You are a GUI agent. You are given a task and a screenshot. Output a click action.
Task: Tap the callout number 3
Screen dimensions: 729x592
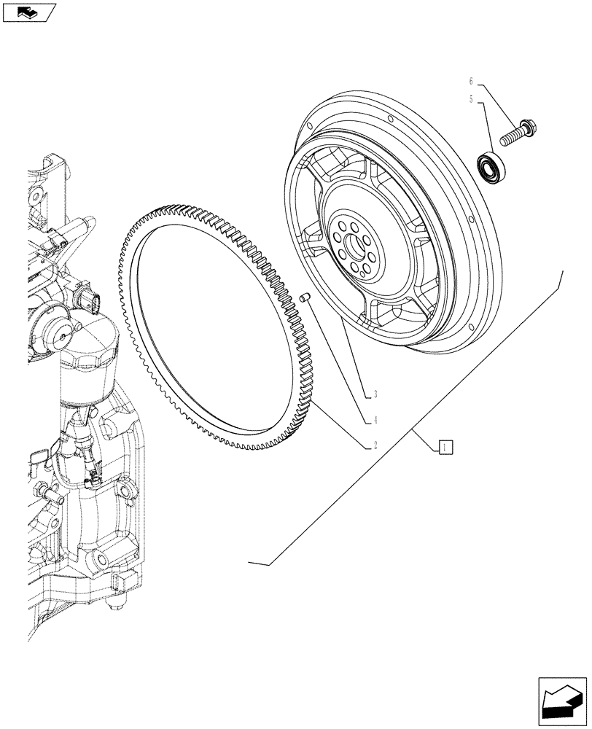pyautogui.click(x=375, y=394)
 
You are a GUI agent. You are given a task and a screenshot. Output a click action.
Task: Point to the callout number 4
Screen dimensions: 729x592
pyautogui.click(x=375, y=420)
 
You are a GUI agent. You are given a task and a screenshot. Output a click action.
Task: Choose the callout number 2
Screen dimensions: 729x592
pyautogui.click(x=375, y=444)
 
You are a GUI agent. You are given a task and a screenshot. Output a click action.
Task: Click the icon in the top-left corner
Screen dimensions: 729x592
pyautogui.click(x=29, y=12)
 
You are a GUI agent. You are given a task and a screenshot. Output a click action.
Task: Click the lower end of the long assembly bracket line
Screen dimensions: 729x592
pyautogui.click(x=252, y=561)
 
